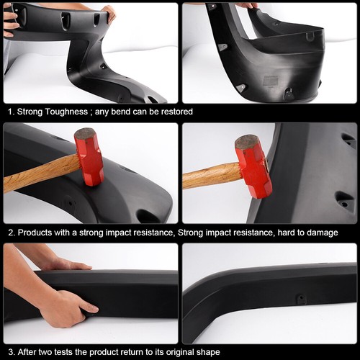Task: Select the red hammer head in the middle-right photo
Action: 253,165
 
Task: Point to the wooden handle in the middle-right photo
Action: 211,175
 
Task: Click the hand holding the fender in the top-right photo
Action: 246,5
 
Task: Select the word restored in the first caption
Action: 175,112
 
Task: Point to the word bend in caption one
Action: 120,112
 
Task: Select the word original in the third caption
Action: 180,352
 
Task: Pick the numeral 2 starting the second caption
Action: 9,233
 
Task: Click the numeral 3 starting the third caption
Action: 9,352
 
